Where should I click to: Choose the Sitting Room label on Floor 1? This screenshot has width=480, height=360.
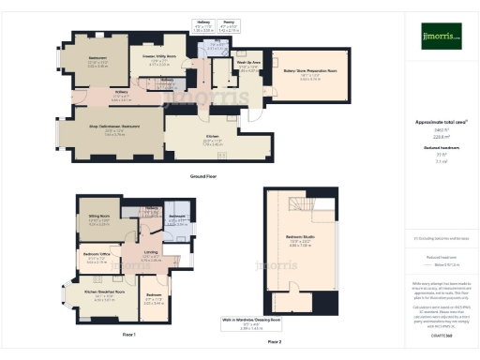point(98,222)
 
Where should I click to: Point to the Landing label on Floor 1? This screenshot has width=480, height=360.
point(150,253)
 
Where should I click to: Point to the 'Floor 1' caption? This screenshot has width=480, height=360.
point(129,335)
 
